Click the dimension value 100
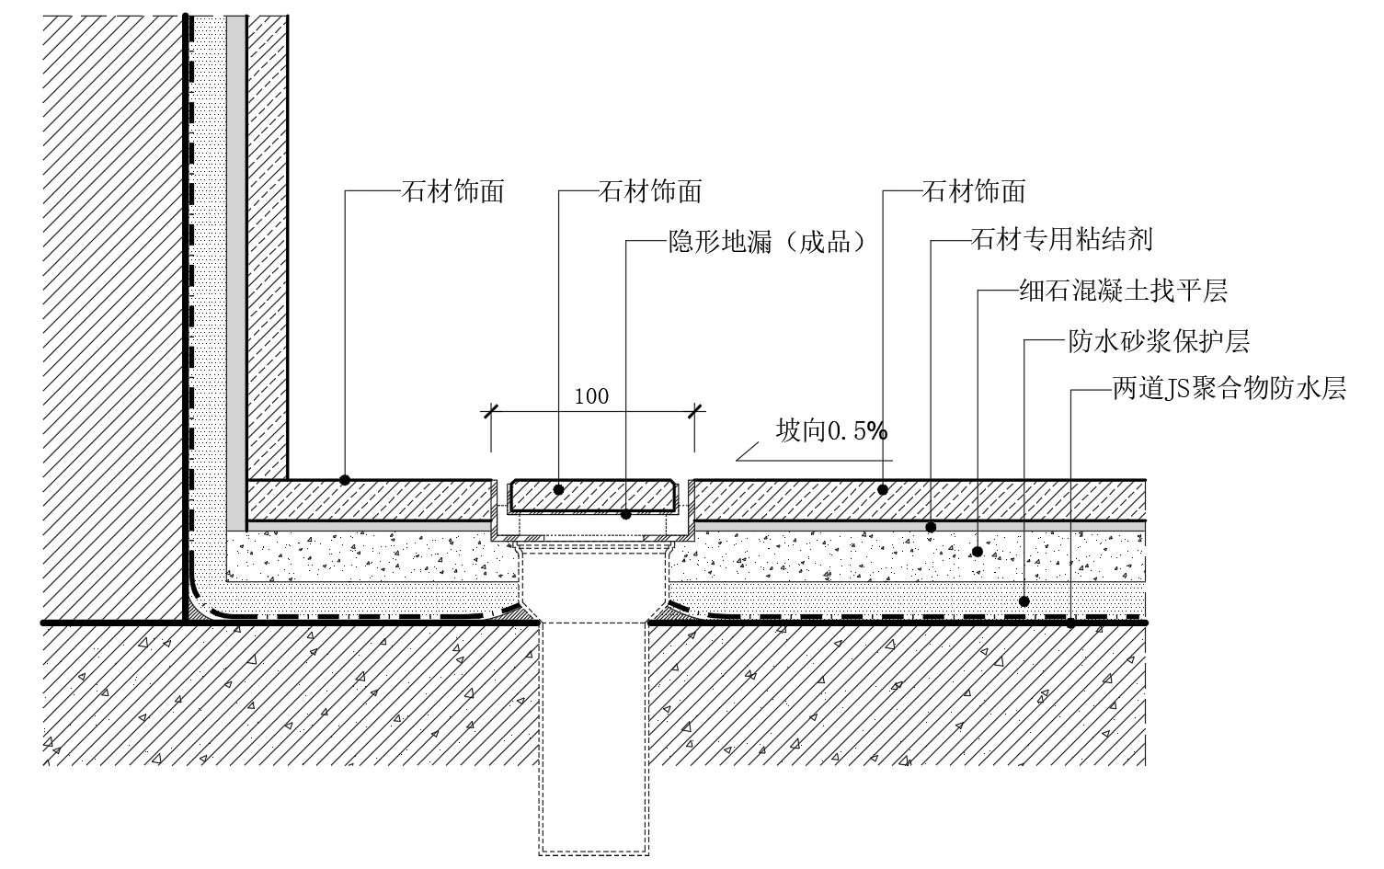pyautogui.click(x=591, y=396)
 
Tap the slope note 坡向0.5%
pyautogui.click(x=832, y=430)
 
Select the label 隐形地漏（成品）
pyautogui.click(x=767, y=243)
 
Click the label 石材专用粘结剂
pyautogui.click(x=1061, y=241)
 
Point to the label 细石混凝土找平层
pyautogui.click(x=1123, y=292)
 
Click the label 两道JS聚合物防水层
pyautogui.click(x=1230, y=390)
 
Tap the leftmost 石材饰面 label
pyautogui.click(x=452, y=191)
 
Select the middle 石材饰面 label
pyautogui.click(x=650, y=191)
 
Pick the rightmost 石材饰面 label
pyautogui.click(x=973, y=191)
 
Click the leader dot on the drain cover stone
pyautogui.click(x=558, y=490)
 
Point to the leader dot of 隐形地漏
pyautogui.click(x=626, y=514)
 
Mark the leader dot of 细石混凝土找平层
pyautogui.click(x=978, y=552)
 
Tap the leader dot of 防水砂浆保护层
pyautogui.click(x=1025, y=600)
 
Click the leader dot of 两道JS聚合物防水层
pyautogui.click(x=1070, y=623)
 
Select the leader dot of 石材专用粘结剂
pyautogui.click(x=931, y=527)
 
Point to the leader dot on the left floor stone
pyautogui.click(x=345, y=480)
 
